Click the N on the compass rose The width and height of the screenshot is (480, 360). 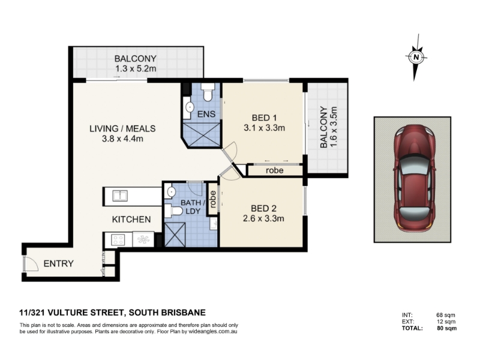pyautogui.click(x=416, y=57)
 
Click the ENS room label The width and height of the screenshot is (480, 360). pyautogui.click(x=206, y=114)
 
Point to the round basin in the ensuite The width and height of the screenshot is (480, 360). pyautogui.click(x=190, y=107)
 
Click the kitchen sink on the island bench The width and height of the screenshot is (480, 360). pyautogui.click(x=119, y=196)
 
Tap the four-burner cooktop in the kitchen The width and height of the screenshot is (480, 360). pyautogui.click(x=118, y=239)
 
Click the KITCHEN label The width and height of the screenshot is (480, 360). pyautogui.click(x=131, y=219)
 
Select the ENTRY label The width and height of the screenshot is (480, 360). pyautogui.click(x=58, y=263)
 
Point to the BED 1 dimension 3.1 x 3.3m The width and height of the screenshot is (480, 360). pyautogui.click(x=264, y=128)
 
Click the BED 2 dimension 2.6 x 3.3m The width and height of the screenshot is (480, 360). pyautogui.click(x=263, y=218)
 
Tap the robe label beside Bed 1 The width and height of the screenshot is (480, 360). pyautogui.click(x=275, y=170)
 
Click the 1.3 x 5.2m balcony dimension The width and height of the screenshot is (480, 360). pyautogui.click(x=136, y=68)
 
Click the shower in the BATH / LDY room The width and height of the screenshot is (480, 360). pyautogui.click(x=175, y=234)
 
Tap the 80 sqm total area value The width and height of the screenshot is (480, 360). pyautogui.click(x=446, y=328)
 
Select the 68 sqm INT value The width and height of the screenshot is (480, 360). pyautogui.click(x=446, y=315)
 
